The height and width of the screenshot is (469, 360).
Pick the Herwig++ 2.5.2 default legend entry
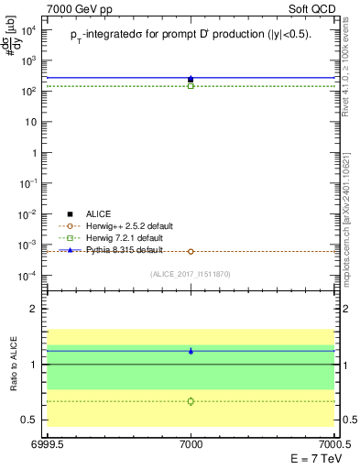[122, 225]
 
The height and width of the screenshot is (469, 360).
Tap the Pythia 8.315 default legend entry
[117, 249]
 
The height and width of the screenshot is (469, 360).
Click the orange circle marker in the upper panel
[191, 251]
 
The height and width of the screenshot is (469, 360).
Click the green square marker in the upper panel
[191, 86]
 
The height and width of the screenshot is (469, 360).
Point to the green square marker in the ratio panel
[191, 401]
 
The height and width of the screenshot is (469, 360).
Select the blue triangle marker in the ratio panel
[191, 351]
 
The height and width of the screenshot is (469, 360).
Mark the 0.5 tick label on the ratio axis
[32, 420]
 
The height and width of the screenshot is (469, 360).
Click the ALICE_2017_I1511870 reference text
[190, 274]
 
